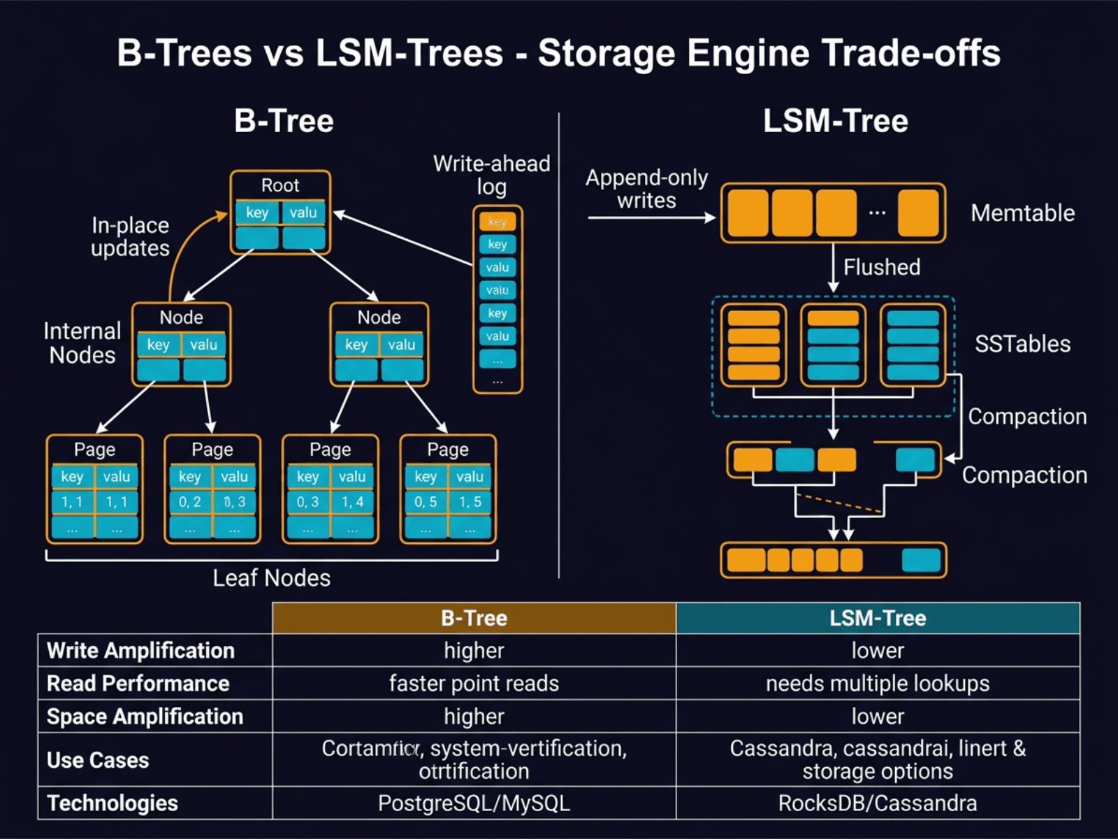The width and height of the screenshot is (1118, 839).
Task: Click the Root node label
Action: (x=280, y=185)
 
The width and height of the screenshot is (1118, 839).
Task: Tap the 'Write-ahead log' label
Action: (x=491, y=175)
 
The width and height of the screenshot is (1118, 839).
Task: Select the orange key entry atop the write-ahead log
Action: (x=497, y=222)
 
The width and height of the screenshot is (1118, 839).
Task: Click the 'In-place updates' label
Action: (x=131, y=236)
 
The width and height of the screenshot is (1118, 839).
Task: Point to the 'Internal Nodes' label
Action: (x=82, y=343)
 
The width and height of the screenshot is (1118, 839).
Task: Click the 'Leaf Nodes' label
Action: (x=271, y=578)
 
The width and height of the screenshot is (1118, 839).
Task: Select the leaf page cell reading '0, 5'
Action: (x=425, y=502)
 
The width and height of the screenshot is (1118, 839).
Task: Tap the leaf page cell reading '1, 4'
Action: (x=352, y=502)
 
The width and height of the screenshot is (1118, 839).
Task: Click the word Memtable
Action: (x=1022, y=213)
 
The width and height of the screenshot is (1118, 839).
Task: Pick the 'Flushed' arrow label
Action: (x=881, y=267)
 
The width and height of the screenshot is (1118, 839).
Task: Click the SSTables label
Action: (x=1022, y=343)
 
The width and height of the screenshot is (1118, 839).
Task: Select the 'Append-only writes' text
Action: (x=646, y=189)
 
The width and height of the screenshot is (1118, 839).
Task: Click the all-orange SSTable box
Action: (x=753, y=345)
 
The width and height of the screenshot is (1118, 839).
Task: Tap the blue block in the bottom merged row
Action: (x=921, y=561)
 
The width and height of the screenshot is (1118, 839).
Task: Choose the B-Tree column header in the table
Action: (x=474, y=618)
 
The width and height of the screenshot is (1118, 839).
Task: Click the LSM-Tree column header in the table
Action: (x=878, y=618)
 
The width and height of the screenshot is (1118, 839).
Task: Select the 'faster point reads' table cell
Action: (x=474, y=683)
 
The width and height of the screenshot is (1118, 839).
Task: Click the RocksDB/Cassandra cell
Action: (x=878, y=803)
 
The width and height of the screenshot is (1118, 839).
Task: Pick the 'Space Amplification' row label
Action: (x=145, y=716)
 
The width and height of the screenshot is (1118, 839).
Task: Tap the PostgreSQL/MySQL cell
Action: (x=474, y=803)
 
